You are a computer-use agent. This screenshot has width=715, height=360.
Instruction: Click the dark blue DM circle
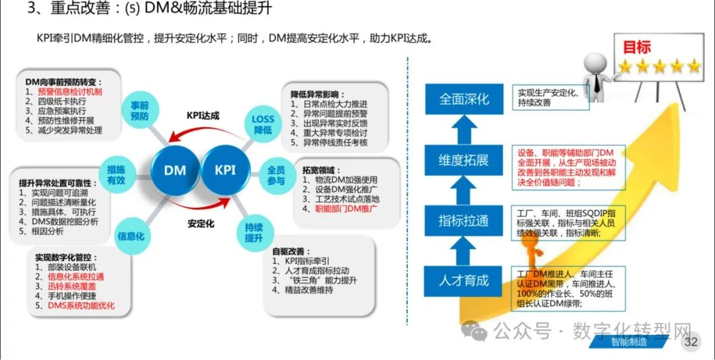click(175, 171)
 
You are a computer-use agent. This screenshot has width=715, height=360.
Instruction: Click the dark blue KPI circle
click(226, 170)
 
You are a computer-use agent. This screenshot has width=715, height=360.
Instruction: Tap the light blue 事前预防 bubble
click(140, 111)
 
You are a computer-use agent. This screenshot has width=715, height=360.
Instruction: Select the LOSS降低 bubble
click(263, 124)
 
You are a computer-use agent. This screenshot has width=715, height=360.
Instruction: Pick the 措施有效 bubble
click(116, 175)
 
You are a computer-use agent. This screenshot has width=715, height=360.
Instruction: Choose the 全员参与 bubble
click(276, 176)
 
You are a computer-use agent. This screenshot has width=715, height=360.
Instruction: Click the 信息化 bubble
click(131, 236)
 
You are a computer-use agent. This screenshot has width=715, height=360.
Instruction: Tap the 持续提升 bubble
click(254, 232)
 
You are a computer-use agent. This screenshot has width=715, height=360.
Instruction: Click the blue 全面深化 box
click(463, 99)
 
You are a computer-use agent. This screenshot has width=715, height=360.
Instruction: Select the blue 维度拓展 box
click(463, 160)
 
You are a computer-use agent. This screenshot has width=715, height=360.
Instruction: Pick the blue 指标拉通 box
click(463, 220)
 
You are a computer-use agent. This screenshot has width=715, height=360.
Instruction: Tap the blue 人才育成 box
click(463, 281)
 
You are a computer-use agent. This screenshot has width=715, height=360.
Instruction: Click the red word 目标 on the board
click(637, 48)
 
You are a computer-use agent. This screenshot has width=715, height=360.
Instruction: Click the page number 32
click(691, 341)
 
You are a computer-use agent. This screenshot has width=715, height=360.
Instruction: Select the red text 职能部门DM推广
click(346, 209)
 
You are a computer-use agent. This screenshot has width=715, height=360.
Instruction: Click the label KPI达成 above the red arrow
click(203, 116)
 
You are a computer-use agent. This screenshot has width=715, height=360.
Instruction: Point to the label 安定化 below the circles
click(201, 224)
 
